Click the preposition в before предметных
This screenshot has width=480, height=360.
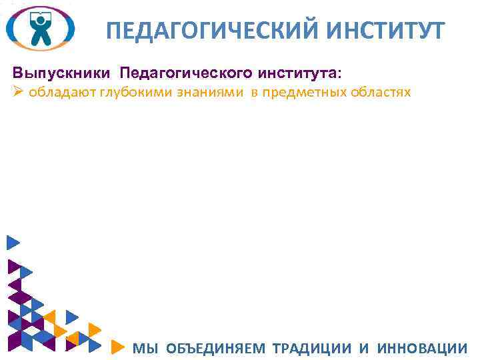coord(254,92)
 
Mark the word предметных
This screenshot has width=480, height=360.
coord(301,92)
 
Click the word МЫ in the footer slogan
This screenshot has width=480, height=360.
coord(145,348)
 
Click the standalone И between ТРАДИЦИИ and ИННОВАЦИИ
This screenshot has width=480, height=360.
coord(364,348)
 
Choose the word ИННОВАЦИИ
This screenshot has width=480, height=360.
coord(421,348)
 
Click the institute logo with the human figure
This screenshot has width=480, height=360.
coord(40,28)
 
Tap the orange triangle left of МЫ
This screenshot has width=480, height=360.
coord(117,347)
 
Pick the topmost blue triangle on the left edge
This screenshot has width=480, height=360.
coord(12,243)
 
